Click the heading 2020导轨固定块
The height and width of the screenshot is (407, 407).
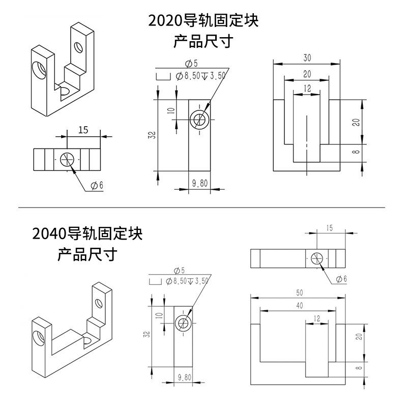(203, 21)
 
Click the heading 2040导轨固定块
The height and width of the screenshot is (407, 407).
(87, 234)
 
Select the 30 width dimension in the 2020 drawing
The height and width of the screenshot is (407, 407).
(307, 58)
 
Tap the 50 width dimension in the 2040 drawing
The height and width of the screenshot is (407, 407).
(300, 293)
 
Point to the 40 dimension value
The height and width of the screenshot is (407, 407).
(300, 306)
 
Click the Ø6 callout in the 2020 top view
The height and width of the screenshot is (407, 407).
(97, 185)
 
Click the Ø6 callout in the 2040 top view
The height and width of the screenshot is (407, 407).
(341, 279)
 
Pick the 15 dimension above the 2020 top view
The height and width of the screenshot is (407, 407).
(83, 130)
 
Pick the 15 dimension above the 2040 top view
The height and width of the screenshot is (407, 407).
(329, 228)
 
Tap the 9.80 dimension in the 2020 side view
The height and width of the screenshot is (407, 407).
(199, 184)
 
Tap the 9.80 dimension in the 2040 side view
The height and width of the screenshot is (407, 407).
(184, 377)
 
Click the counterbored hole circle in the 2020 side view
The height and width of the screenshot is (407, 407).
(199, 120)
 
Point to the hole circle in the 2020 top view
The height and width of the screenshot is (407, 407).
(67, 159)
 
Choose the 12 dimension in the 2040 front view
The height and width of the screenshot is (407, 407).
(316, 318)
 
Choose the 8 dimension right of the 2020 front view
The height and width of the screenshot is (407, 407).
(358, 152)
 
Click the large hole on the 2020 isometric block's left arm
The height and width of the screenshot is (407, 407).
(39, 70)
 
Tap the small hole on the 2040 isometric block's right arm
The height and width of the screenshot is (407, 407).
(99, 303)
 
